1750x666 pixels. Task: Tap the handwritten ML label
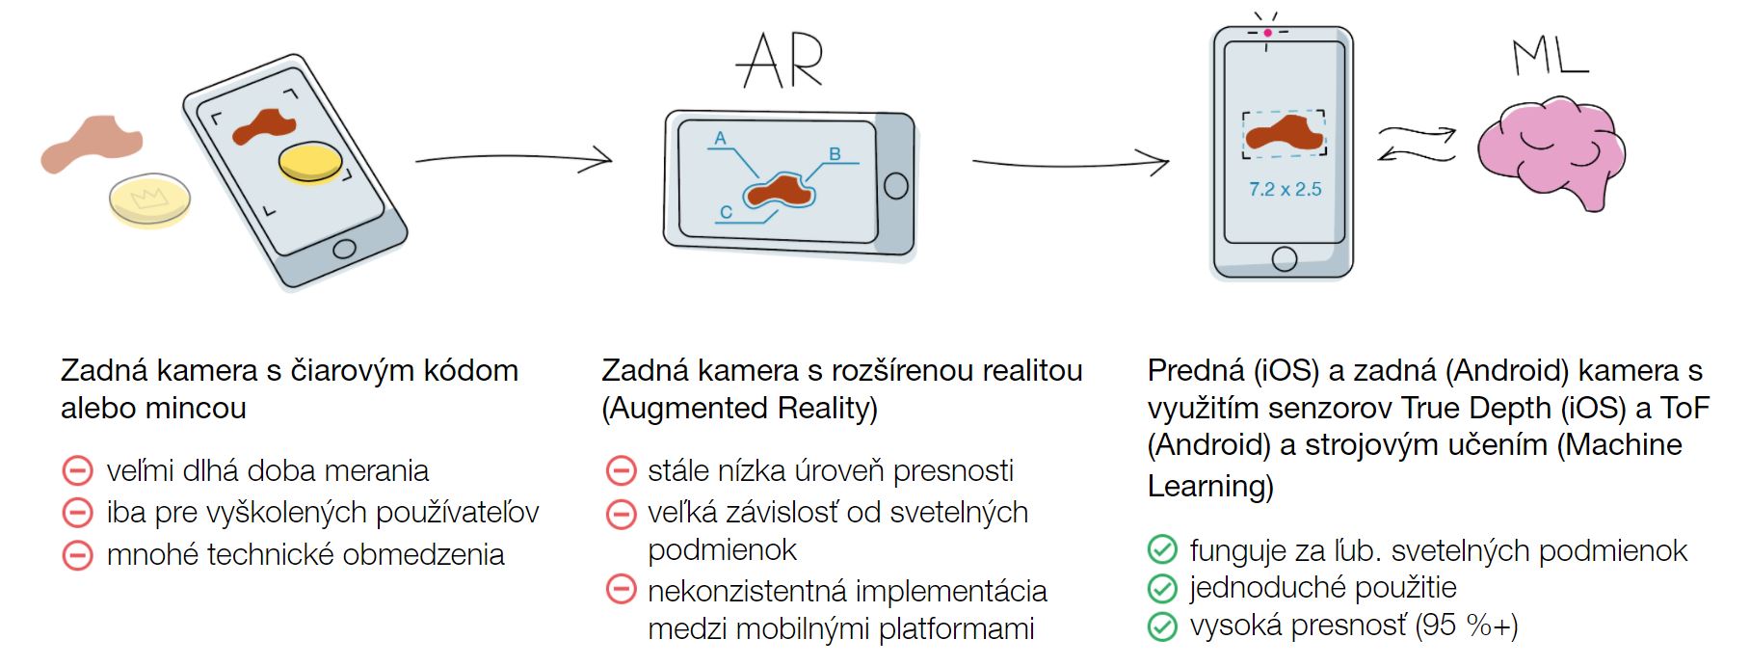(1550, 58)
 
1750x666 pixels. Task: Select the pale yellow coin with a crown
(149, 200)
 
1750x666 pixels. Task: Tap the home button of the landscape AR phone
(895, 186)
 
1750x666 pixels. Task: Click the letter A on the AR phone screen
(720, 139)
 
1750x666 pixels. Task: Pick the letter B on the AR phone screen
(835, 154)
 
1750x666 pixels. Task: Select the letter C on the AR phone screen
(726, 212)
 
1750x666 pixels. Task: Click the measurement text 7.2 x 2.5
(1285, 190)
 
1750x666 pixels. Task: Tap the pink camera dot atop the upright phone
(1267, 33)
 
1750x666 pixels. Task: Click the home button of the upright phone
(1284, 258)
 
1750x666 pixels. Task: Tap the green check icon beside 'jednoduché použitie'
(1162, 588)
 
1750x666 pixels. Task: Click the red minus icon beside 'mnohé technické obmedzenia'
(77, 555)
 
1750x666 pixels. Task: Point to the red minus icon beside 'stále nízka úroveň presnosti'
(621, 471)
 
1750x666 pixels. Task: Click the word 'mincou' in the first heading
(199, 409)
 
